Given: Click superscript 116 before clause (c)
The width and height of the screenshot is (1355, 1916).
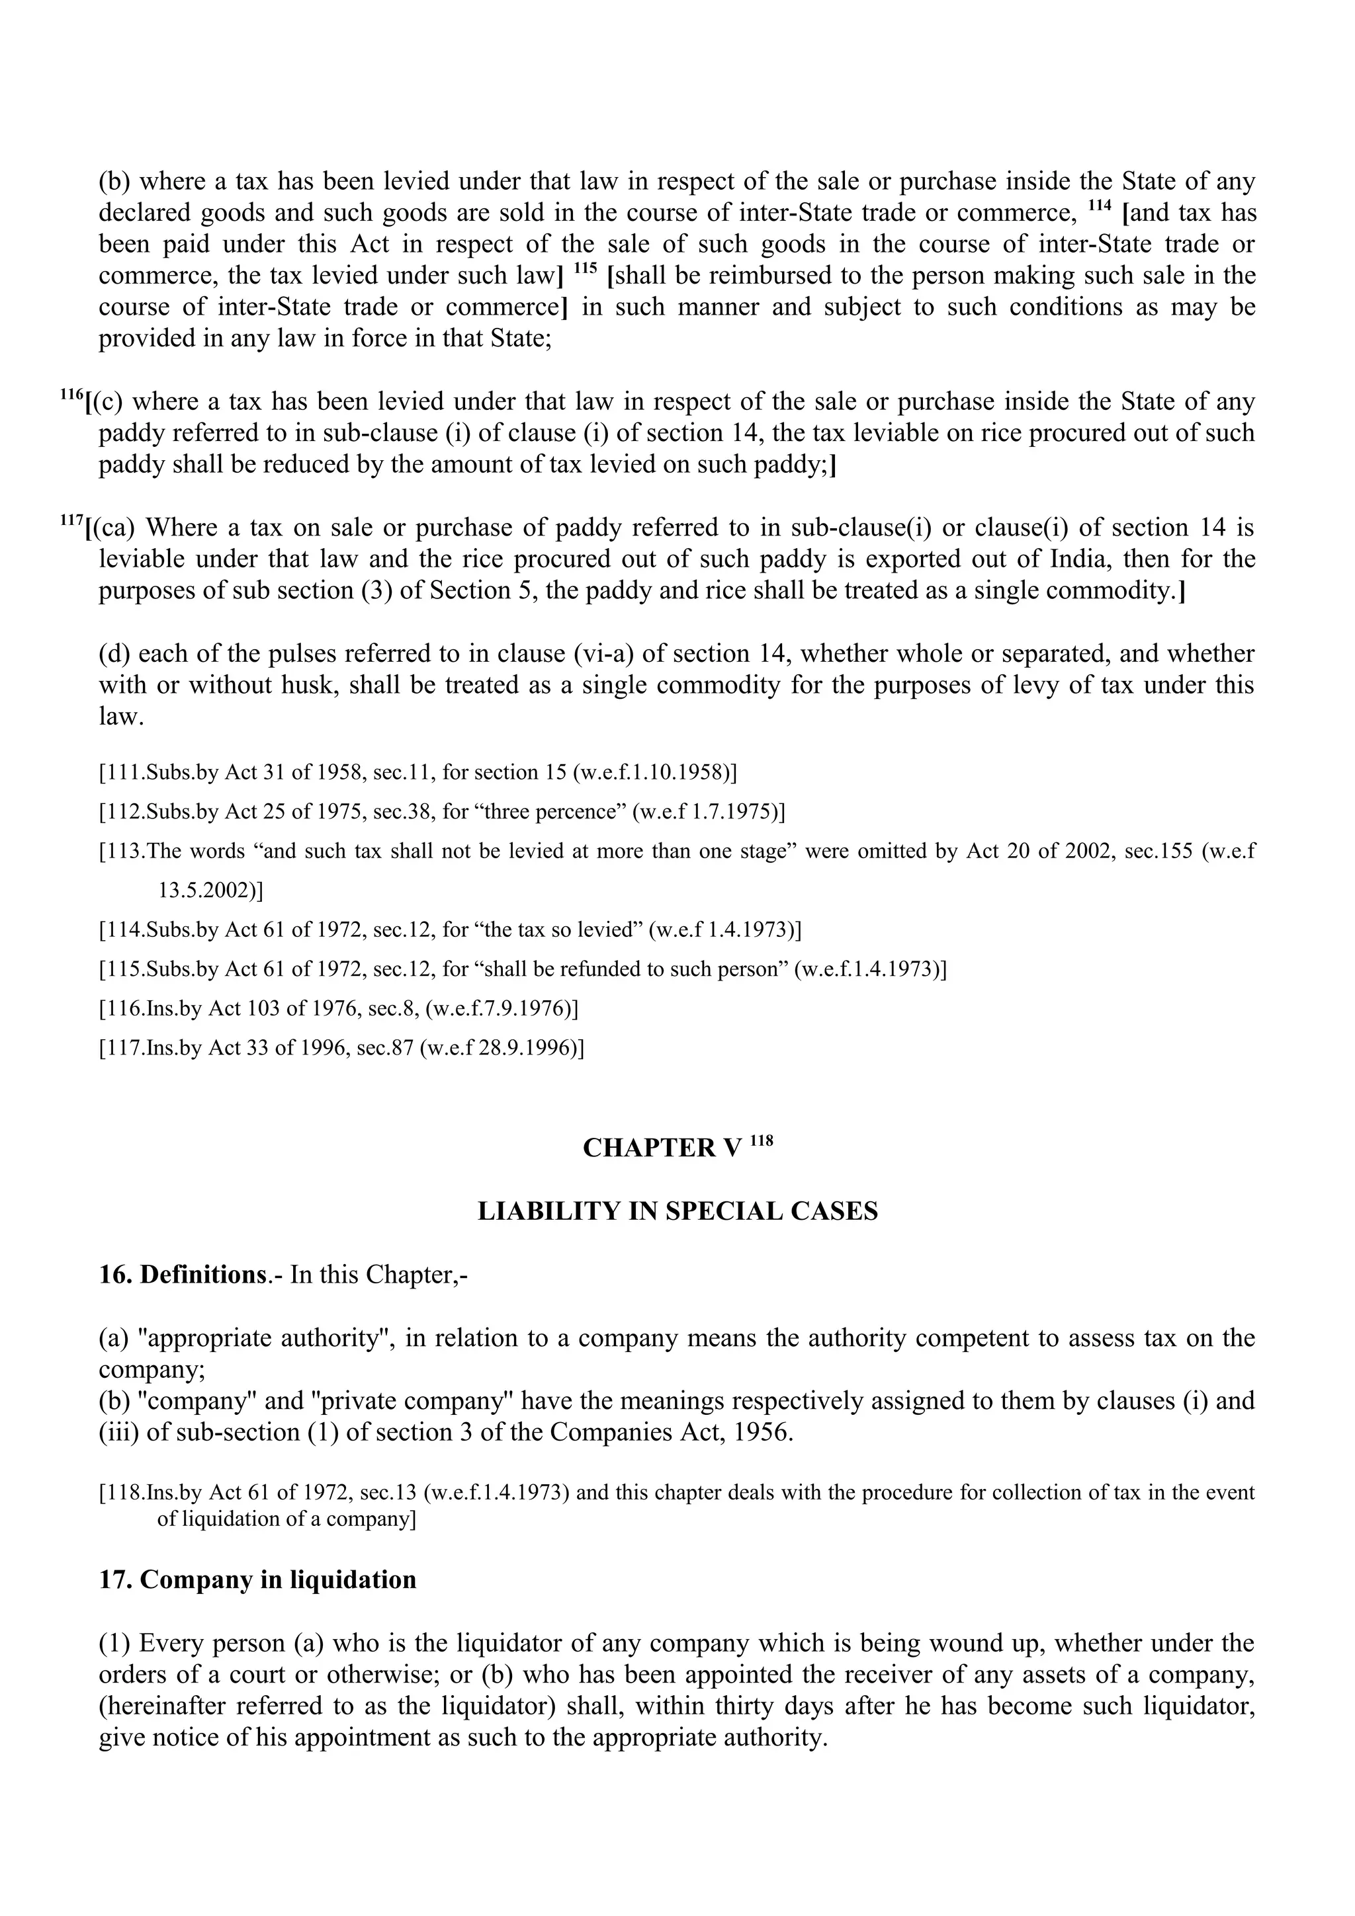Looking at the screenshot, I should click(x=71, y=395).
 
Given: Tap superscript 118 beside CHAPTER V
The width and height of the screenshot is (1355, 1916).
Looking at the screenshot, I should click(x=762, y=1140).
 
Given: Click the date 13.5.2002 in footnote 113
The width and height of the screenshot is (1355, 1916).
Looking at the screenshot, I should click(x=207, y=891).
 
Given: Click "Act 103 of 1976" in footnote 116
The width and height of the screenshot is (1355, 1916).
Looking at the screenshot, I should click(x=274, y=1009).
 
